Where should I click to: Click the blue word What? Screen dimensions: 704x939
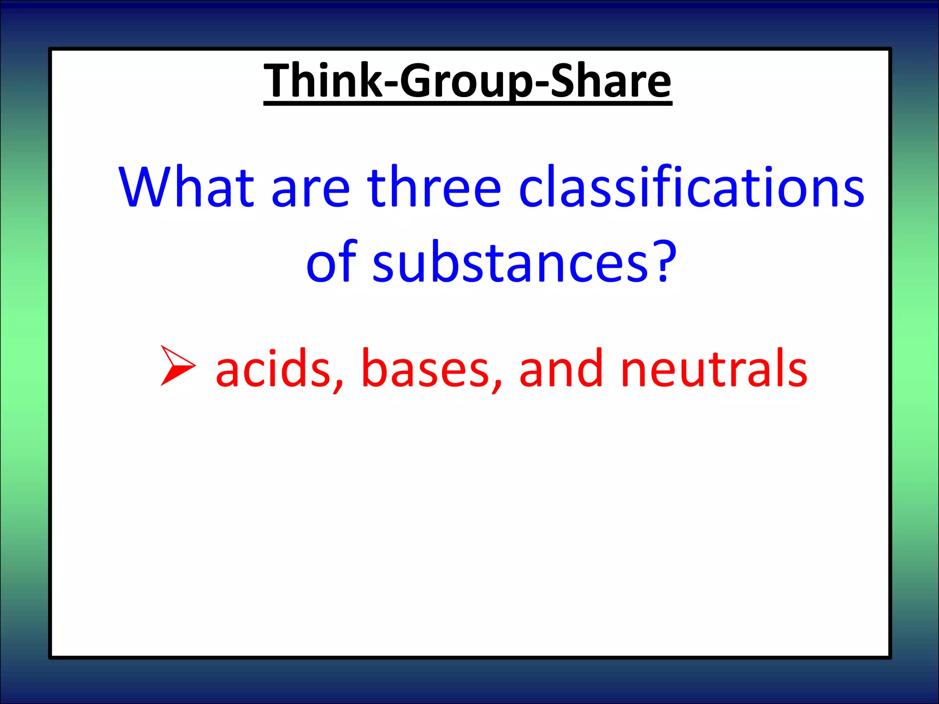click(186, 187)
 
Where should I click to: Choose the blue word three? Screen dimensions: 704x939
click(434, 187)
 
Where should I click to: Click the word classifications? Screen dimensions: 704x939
click(691, 187)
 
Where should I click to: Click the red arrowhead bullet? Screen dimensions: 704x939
click(178, 365)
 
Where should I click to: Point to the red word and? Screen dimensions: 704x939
click(561, 368)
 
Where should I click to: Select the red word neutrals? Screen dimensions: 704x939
click(713, 368)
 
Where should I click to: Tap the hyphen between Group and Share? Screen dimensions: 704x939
click(541, 85)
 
